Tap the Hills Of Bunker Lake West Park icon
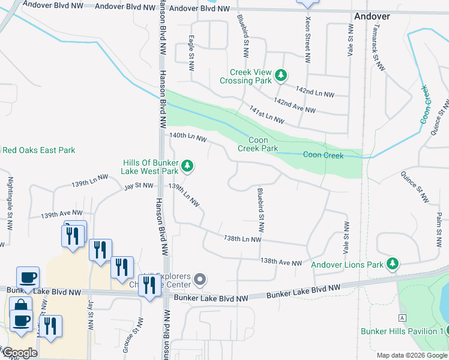pos(187,166)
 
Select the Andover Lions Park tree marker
pos(393,263)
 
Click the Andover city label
pos(372,16)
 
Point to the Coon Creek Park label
pos(258,144)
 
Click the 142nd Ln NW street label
pos(315,92)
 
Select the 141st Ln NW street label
pos(267,112)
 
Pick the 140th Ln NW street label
pos(188,138)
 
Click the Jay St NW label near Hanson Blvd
pos(139,186)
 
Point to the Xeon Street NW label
pos(307,40)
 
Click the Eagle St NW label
pos(191,53)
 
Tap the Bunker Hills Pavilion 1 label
pos(402,331)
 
